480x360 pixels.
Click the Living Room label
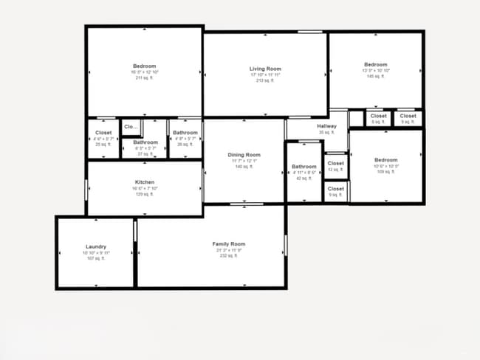click(x=265, y=69)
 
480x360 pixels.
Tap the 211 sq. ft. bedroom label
click(x=145, y=66)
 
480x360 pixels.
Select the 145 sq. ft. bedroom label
click(x=375, y=65)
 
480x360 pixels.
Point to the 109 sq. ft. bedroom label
click(x=385, y=160)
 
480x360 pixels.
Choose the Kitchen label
click(x=144, y=182)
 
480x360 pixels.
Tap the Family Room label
click(x=228, y=243)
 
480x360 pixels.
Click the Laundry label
click(x=96, y=246)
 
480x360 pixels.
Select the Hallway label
click(x=327, y=126)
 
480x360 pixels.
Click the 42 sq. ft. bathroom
click(x=304, y=167)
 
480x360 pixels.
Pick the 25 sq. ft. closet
click(x=103, y=133)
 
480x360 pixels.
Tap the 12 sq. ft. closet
click(x=335, y=163)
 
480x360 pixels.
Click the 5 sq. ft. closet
click(x=378, y=116)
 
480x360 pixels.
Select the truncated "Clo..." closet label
click(x=131, y=127)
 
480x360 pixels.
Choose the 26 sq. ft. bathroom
click(x=185, y=133)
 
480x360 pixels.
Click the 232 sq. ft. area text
click(x=228, y=257)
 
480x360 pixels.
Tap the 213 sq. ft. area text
click(x=265, y=80)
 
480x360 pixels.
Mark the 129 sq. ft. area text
click(x=144, y=194)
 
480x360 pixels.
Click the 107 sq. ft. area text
click(x=96, y=258)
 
